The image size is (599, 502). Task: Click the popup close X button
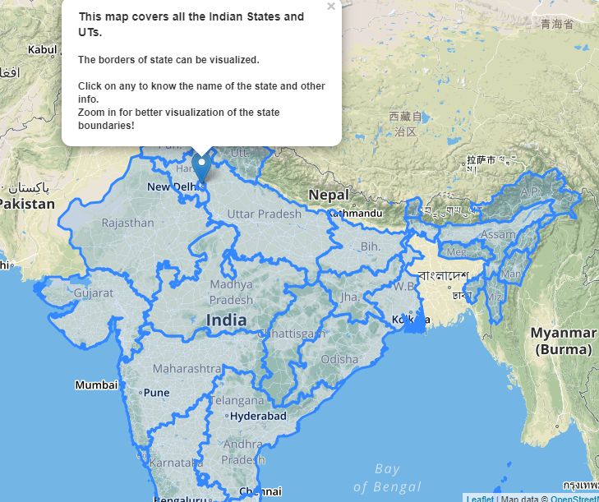coord(331,7)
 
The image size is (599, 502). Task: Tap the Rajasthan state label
coord(127,223)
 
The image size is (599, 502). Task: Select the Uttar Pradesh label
coord(264,214)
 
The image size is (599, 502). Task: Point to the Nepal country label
coord(329,195)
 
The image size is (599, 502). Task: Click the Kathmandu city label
coord(357,214)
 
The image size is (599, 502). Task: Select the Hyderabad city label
coord(258,417)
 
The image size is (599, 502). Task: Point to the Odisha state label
coord(339,359)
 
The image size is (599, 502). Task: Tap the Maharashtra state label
coord(186,368)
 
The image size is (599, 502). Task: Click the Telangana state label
coord(237,401)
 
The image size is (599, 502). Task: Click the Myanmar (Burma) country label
coord(563,341)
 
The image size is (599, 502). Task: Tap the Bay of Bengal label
coord(386,477)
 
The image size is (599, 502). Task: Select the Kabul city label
coord(43,49)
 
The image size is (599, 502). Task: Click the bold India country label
coord(226,320)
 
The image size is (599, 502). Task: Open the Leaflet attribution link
coord(480,498)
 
